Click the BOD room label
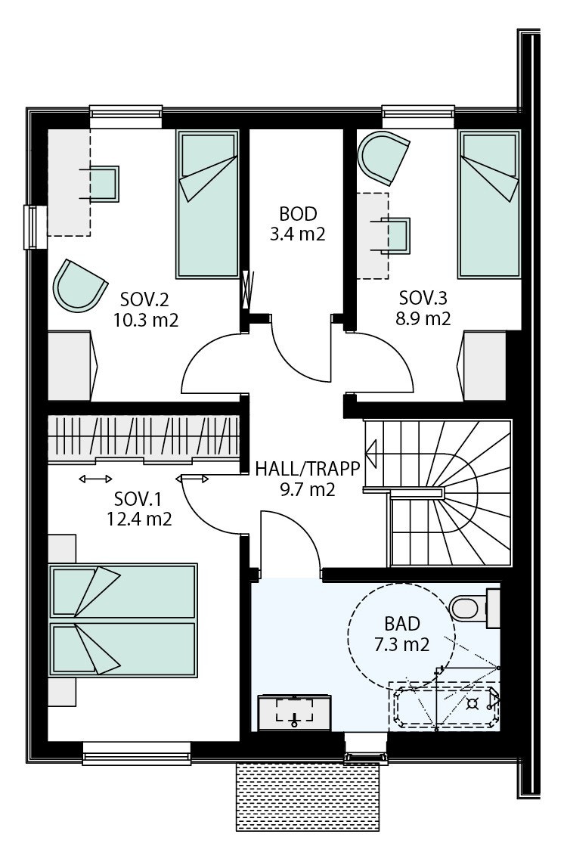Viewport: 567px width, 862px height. (297, 213)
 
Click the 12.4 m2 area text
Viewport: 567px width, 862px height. (138, 519)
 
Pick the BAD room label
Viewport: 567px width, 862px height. (402, 624)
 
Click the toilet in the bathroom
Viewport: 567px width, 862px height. (467, 606)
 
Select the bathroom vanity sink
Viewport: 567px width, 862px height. (294, 712)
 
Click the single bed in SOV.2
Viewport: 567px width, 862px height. (206, 204)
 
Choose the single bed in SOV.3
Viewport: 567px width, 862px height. (490, 204)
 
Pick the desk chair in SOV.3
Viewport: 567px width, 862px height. (395, 234)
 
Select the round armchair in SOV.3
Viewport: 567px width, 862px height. (384, 157)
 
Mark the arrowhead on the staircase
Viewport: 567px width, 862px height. (372, 454)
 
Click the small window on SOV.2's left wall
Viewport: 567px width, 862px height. (31, 226)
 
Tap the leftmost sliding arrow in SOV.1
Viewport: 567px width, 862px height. (96, 478)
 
